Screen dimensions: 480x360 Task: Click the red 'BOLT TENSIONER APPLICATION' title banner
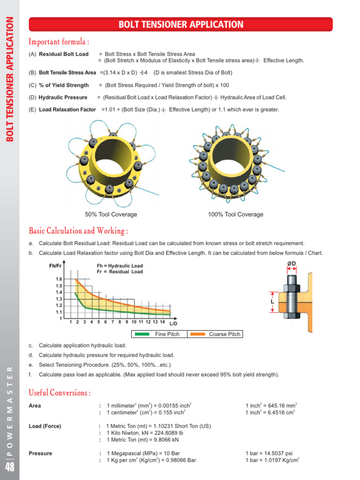point(180,24)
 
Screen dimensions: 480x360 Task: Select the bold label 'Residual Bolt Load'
point(63,54)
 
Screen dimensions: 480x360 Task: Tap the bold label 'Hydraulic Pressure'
point(63,97)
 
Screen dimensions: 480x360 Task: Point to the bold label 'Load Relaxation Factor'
point(68,110)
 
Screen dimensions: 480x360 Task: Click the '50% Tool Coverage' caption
point(111,215)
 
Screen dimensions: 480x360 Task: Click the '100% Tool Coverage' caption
point(235,215)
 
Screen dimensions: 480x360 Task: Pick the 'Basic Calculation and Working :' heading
point(78,231)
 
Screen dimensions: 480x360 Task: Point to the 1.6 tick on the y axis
point(59,279)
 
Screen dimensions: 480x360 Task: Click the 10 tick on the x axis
point(134,322)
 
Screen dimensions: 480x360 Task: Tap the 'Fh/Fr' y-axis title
point(55,266)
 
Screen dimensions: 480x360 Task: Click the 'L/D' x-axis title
point(173,323)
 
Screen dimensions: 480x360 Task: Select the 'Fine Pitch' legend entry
point(167,334)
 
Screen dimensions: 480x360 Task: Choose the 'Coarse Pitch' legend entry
point(225,334)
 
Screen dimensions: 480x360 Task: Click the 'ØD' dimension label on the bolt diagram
point(291,264)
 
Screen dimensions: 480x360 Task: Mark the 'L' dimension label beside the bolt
point(272,302)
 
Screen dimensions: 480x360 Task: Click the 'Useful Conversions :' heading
point(60,392)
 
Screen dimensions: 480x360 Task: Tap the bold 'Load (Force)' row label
point(45,426)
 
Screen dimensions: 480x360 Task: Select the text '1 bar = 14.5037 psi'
point(269,454)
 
